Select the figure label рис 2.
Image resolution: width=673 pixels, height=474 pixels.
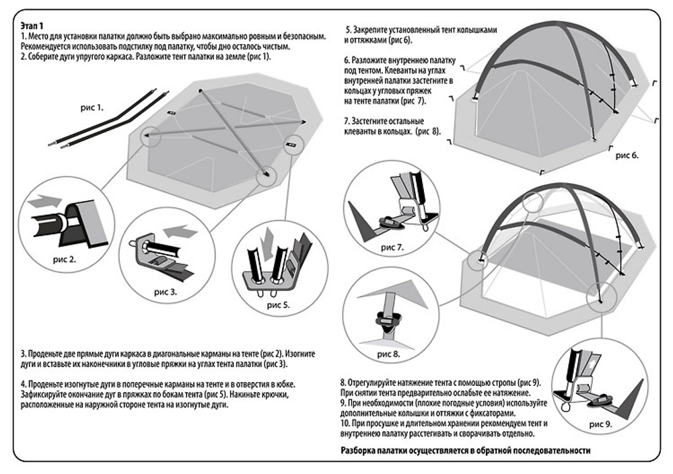point(64,258)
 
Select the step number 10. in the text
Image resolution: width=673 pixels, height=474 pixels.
point(345,425)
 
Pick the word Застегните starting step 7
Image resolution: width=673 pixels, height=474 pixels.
point(374,121)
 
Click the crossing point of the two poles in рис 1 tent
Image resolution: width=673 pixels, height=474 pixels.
point(225,127)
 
